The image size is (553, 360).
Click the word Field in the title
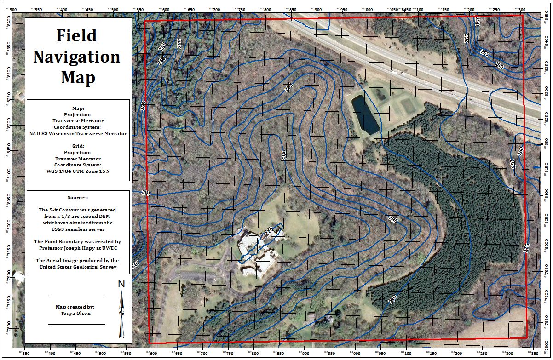(76, 35)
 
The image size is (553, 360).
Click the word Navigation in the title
(76, 57)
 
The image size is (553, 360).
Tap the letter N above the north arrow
(121, 284)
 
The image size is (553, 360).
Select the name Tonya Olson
(76, 314)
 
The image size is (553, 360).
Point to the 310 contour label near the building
(269, 231)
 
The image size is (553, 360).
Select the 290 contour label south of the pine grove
(392, 299)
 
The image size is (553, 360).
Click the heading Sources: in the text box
(77, 197)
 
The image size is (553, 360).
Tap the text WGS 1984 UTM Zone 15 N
(77, 171)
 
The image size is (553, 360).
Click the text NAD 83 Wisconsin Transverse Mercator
(78, 134)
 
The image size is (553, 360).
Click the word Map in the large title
(78, 78)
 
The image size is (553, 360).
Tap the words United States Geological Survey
(78, 267)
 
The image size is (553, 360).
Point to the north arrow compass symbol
(121, 314)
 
